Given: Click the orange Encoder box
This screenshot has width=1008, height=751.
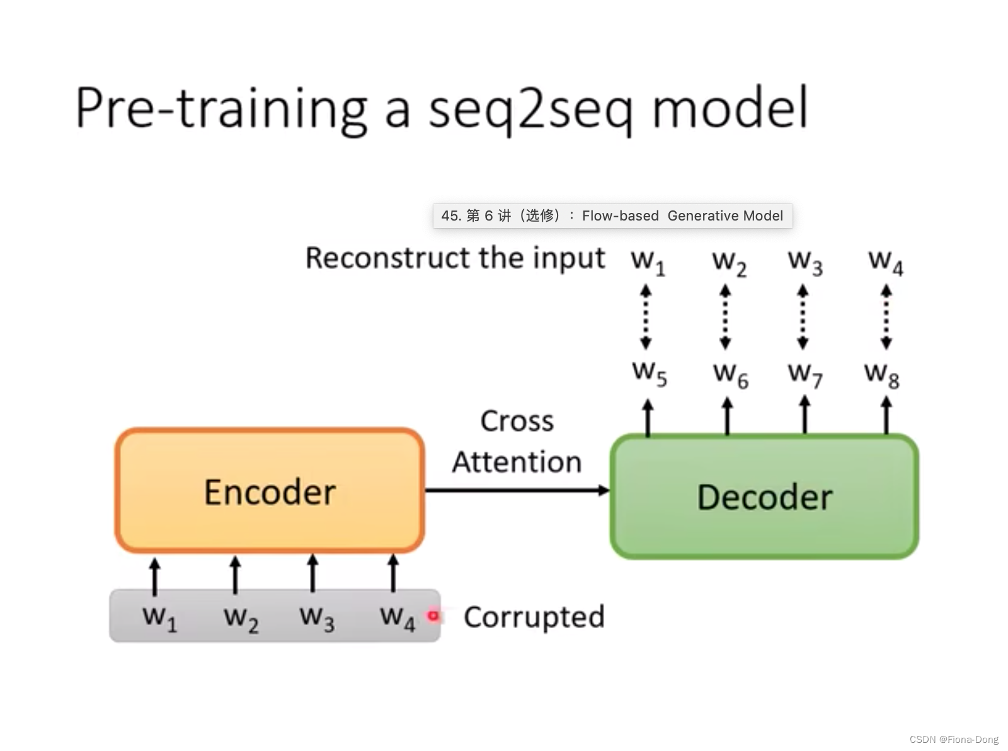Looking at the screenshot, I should [270, 491].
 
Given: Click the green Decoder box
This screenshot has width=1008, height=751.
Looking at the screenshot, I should [764, 496].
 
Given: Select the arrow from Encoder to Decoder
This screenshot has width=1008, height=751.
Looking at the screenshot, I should [517, 490].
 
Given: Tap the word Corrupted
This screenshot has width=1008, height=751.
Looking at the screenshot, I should [534, 617].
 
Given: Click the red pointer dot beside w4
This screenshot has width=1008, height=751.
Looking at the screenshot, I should [433, 616].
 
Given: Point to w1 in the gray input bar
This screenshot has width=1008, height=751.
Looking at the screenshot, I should [159, 617].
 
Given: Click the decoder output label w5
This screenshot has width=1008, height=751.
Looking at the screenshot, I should [649, 373].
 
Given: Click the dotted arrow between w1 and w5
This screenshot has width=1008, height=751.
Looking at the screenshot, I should [646, 317].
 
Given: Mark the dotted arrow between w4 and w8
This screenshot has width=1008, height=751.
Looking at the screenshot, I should [886, 317].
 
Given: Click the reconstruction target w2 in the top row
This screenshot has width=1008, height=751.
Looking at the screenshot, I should [729, 262].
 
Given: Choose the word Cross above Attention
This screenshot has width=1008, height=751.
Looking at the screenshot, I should [517, 421].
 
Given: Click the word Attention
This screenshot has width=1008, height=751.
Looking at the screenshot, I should [517, 462].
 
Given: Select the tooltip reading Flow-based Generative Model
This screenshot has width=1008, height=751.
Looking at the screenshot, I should [612, 216].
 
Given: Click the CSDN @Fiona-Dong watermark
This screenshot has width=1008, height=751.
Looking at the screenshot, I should [954, 740].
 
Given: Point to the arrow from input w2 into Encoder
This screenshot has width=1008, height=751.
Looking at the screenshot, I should [235, 574].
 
